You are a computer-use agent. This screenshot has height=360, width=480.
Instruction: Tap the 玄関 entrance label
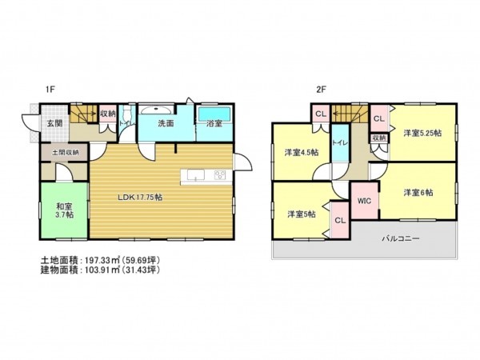click(x=54, y=124)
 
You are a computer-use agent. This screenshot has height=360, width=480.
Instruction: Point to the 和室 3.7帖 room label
click(x=65, y=210)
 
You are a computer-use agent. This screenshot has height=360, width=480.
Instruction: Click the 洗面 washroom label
click(x=166, y=124)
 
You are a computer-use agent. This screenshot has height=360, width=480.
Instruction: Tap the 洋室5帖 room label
click(x=301, y=214)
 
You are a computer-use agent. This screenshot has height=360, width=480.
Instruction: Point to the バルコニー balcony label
click(x=398, y=238)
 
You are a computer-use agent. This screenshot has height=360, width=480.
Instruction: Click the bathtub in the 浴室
click(x=214, y=113)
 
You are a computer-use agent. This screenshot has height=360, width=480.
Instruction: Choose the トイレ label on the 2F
click(x=339, y=143)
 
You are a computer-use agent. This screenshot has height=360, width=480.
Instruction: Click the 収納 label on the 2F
click(x=379, y=138)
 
